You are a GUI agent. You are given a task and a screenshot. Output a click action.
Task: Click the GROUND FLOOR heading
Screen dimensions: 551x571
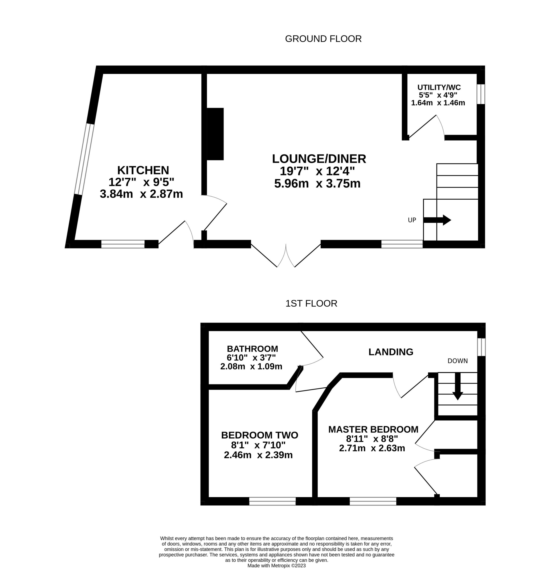tap(323, 39)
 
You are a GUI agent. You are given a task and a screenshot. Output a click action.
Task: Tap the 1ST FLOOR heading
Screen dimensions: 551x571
tap(311, 303)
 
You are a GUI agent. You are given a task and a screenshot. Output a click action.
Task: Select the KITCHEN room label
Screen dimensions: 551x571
tap(143, 170)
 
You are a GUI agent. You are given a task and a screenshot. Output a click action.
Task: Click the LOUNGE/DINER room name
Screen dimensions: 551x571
tap(319, 159)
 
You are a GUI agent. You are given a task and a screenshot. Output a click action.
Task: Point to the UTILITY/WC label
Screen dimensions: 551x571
tap(439, 87)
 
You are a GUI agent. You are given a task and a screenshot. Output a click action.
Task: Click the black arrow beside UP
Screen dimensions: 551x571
tap(437, 220)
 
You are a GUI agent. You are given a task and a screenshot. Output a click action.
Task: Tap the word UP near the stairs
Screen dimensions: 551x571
tap(412, 220)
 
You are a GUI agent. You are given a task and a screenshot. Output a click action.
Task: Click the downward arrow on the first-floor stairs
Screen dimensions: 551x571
tap(458, 386)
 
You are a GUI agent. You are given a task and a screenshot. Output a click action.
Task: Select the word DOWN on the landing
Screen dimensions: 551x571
tap(458, 361)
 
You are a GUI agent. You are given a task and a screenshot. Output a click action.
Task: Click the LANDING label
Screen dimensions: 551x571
tap(391, 352)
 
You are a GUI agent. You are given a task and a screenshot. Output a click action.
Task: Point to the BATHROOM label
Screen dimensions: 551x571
tap(252, 349)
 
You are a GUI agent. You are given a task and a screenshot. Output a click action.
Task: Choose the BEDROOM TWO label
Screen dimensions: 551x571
tap(260, 435)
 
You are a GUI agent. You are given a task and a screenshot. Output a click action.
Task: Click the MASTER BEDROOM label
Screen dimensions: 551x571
tap(373, 429)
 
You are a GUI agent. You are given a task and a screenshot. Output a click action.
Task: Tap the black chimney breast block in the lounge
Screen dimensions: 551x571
tap(215, 134)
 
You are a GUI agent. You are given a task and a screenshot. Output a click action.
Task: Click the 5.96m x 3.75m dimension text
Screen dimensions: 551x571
tap(317, 184)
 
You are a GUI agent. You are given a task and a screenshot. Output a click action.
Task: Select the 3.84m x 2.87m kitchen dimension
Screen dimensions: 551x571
tap(141, 194)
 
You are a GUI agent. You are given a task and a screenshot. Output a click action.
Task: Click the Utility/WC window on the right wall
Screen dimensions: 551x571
tap(481, 94)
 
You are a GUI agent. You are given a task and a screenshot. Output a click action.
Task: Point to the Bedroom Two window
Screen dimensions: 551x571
tap(272, 501)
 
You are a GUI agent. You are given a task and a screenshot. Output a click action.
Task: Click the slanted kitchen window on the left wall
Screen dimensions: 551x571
tap(84, 159)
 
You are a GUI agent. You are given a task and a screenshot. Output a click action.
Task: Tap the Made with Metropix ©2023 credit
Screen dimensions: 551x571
tap(277, 565)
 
